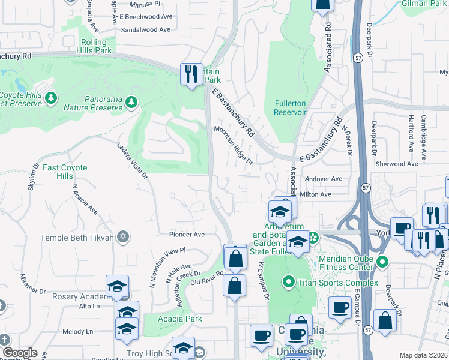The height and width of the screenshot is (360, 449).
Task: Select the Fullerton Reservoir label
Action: click(x=291, y=107)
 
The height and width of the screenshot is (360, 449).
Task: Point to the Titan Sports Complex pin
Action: click(x=289, y=282)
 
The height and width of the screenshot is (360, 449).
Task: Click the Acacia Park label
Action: click(x=181, y=319)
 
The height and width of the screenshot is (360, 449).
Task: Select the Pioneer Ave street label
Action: click(x=187, y=235)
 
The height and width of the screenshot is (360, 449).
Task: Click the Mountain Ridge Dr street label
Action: click(x=234, y=144)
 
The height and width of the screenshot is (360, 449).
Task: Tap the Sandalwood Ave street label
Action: click(x=147, y=29)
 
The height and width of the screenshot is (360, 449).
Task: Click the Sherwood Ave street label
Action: click(x=396, y=163)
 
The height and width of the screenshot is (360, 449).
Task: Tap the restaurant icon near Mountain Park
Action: click(x=191, y=74)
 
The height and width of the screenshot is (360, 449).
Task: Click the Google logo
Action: click(x=20, y=353)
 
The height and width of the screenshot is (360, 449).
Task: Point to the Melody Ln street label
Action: click(x=78, y=331)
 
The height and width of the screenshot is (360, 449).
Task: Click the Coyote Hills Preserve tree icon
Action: click(x=52, y=97)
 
